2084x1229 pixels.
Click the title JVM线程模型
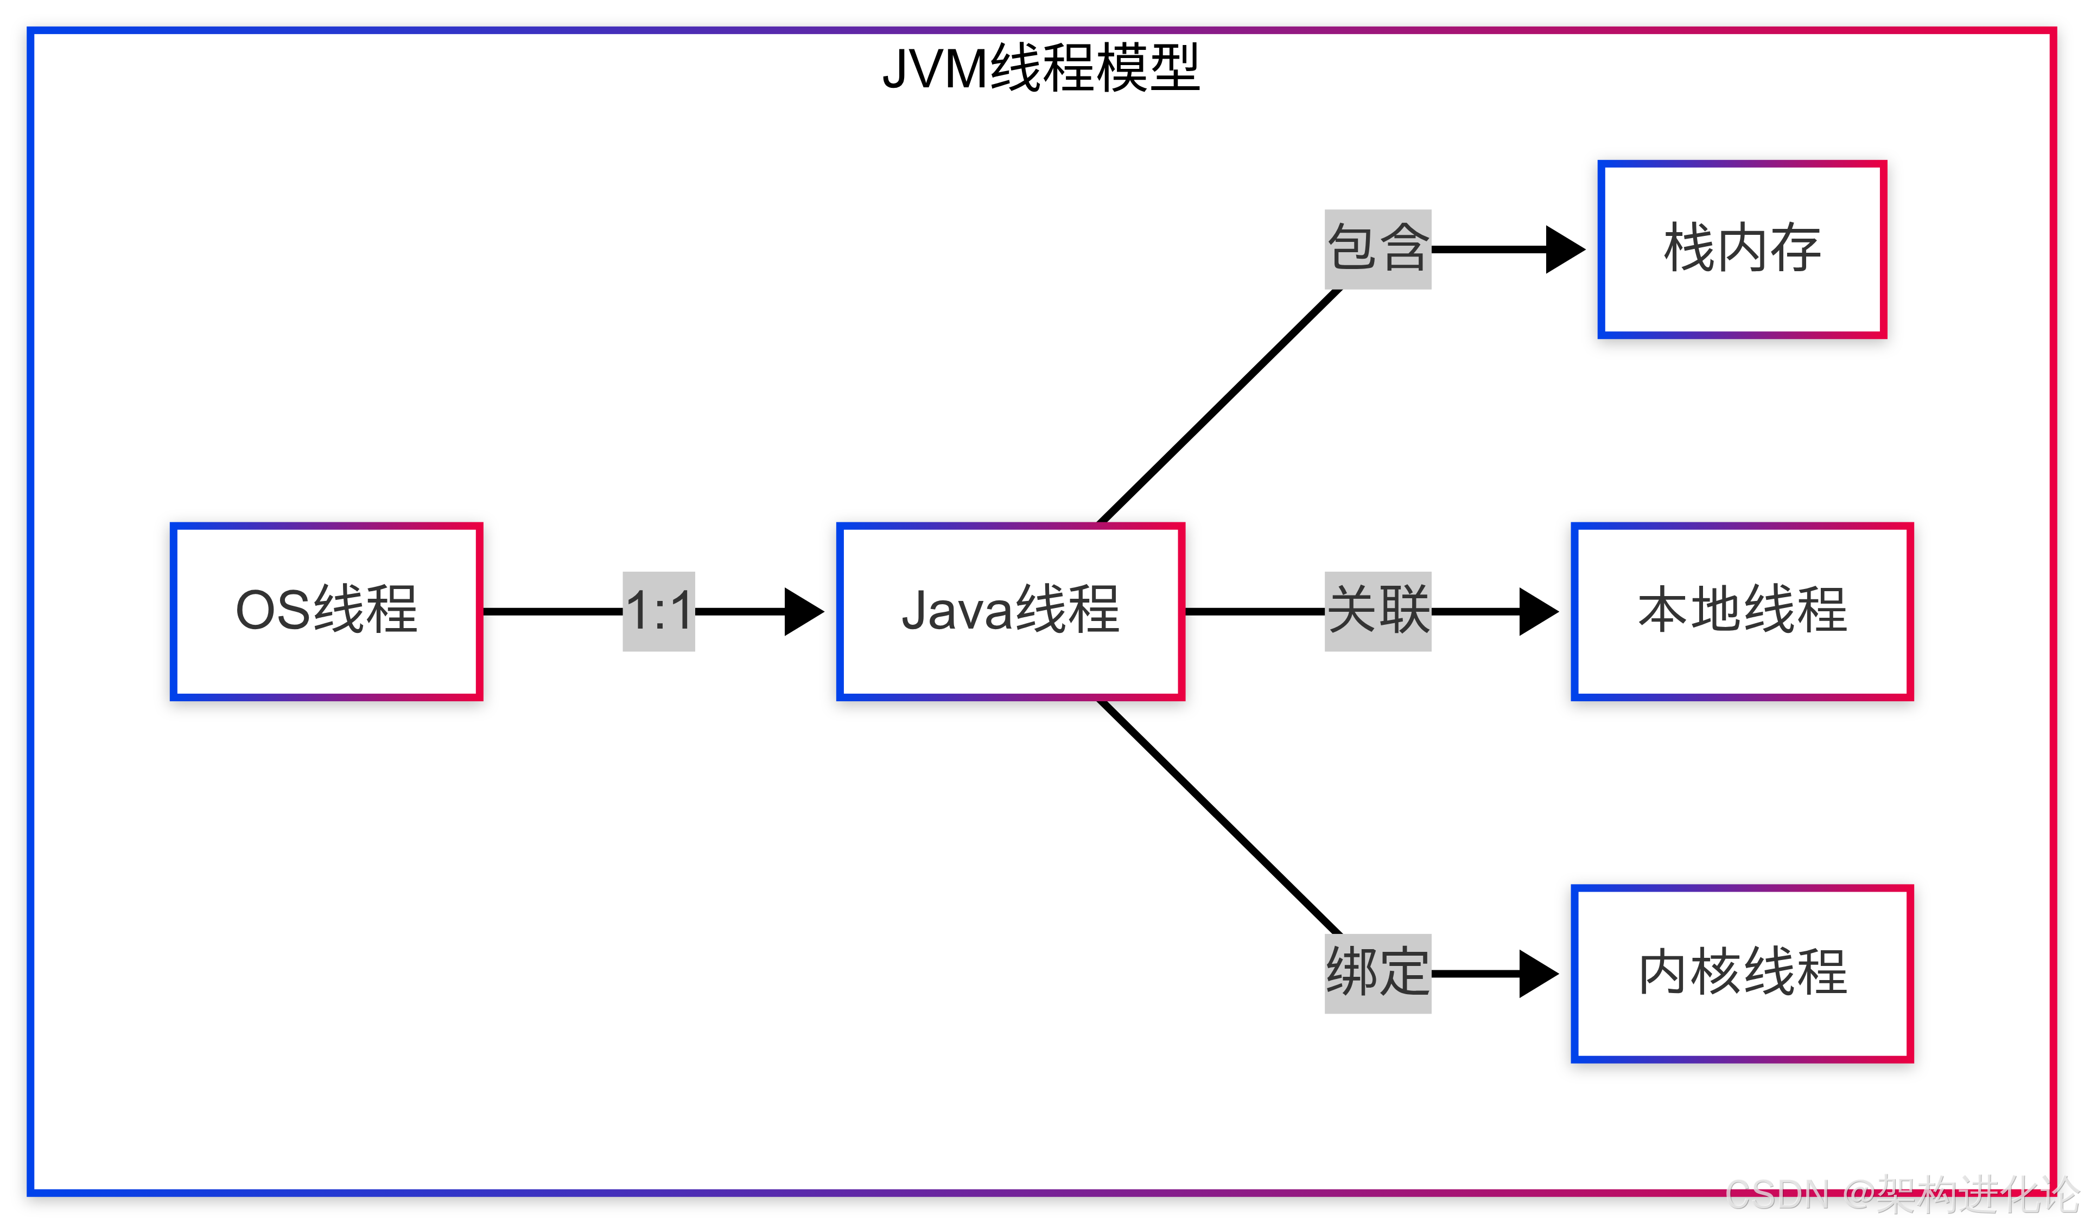pyautogui.click(x=1041, y=68)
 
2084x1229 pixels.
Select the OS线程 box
pyautogui.click(x=327, y=611)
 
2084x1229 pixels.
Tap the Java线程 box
pyautogui.click(x=1010, y=611)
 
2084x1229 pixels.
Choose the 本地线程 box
pyautogui.click(x=1742, y=611)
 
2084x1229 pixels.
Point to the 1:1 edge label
pyautogui.click(x=659, y=611)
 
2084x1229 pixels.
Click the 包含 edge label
pyautogui.click(x=1377, y=248)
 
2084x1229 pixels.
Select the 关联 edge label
pyautogui.click(x=1377, y=611)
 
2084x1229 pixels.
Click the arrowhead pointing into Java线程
pyautogui.click(x=802, y=612)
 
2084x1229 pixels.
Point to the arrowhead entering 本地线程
pyautogui.click(x=1537, y=612)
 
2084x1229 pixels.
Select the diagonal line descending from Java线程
pyautogui.click(x=1218, y=817)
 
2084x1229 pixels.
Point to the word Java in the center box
pyautogui.click(x=957, y=611)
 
